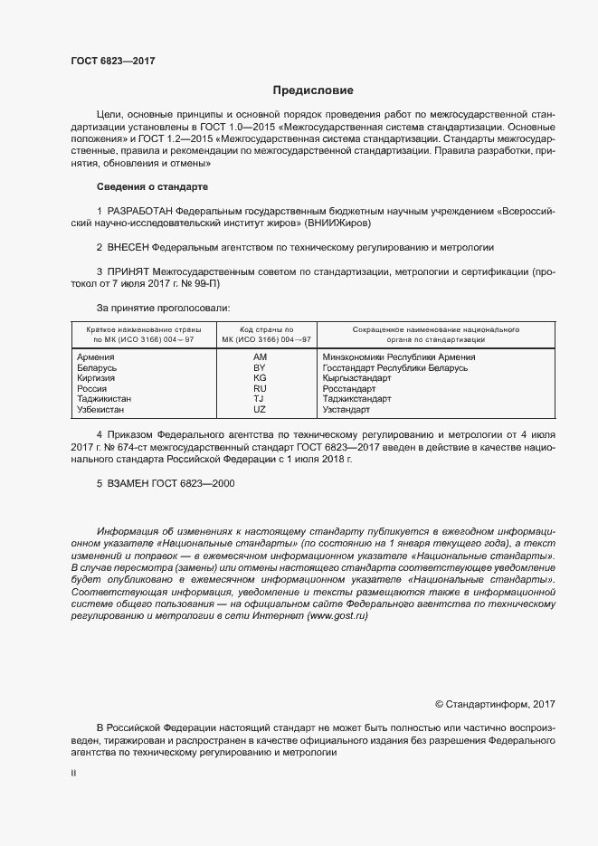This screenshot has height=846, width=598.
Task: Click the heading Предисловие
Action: [313, 90]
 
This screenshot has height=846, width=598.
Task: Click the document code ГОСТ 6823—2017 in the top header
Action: [113, 61]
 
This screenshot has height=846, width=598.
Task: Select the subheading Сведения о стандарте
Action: [152, 185]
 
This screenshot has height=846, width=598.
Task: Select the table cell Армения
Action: [96, 357]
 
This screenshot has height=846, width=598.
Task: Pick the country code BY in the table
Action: [260, 368]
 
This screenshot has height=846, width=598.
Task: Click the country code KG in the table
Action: [260, 378]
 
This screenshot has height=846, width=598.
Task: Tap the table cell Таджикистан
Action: [105, 399]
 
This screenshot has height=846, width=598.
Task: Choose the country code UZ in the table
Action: [260, 409]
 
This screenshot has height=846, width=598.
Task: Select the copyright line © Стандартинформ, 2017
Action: [495, 703]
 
